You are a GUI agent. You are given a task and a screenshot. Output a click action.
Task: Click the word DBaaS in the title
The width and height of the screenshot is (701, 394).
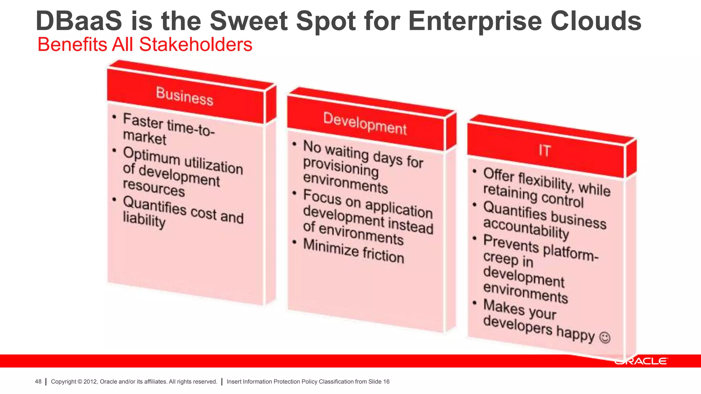click(79, 21)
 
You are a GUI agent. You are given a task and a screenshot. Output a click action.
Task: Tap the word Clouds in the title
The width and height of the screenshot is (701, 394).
click(596, 21)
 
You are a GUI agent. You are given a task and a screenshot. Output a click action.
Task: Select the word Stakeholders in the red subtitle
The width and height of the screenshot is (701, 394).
click(195, 45)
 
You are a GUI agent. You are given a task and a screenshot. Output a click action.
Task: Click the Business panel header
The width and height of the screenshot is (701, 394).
click(185, 96)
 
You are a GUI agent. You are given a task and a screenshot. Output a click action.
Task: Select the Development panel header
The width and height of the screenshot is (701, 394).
click(365, 123)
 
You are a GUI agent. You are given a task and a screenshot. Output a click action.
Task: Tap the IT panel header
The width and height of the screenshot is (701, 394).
click(545, 150)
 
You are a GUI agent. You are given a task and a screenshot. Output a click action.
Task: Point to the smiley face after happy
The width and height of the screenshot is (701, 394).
click(605, 338)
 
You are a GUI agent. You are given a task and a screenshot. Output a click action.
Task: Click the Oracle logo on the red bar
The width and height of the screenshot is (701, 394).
click(641, 362)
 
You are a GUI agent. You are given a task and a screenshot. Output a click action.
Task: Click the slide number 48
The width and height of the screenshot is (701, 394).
click(38, 382)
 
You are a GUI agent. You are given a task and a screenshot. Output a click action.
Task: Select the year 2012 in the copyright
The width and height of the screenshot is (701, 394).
click(90, 382)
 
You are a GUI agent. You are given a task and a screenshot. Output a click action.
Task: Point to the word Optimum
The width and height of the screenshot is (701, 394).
click(151, 156)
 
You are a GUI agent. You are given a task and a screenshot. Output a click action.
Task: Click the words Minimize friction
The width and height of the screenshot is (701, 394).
click(354, 251)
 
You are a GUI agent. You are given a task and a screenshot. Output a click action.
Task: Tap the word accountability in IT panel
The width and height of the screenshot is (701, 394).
click(526, 228)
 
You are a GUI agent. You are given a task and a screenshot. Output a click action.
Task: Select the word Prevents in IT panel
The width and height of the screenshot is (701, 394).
click(511, 243)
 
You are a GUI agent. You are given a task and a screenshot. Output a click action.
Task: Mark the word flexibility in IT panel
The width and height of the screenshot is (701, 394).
click(546, 181)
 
